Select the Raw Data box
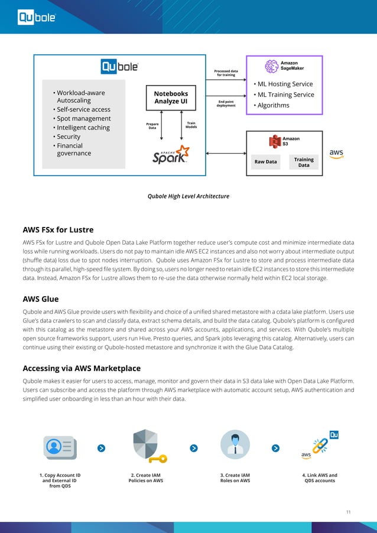point(266,162)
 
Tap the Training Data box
point(304,162)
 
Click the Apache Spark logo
point(171,155)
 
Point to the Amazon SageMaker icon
point(271,66)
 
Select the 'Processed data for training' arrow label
point(226,73)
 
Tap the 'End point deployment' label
point(225,103)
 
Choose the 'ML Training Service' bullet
point(284,95)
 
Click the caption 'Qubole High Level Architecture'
point(188,196)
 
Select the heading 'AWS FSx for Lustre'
point(58,230)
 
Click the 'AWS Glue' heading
point(40,298)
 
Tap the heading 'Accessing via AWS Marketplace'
point(82,368)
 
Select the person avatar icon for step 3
point(235,445)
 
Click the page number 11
point(348,511)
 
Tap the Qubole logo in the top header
point(37,18)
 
